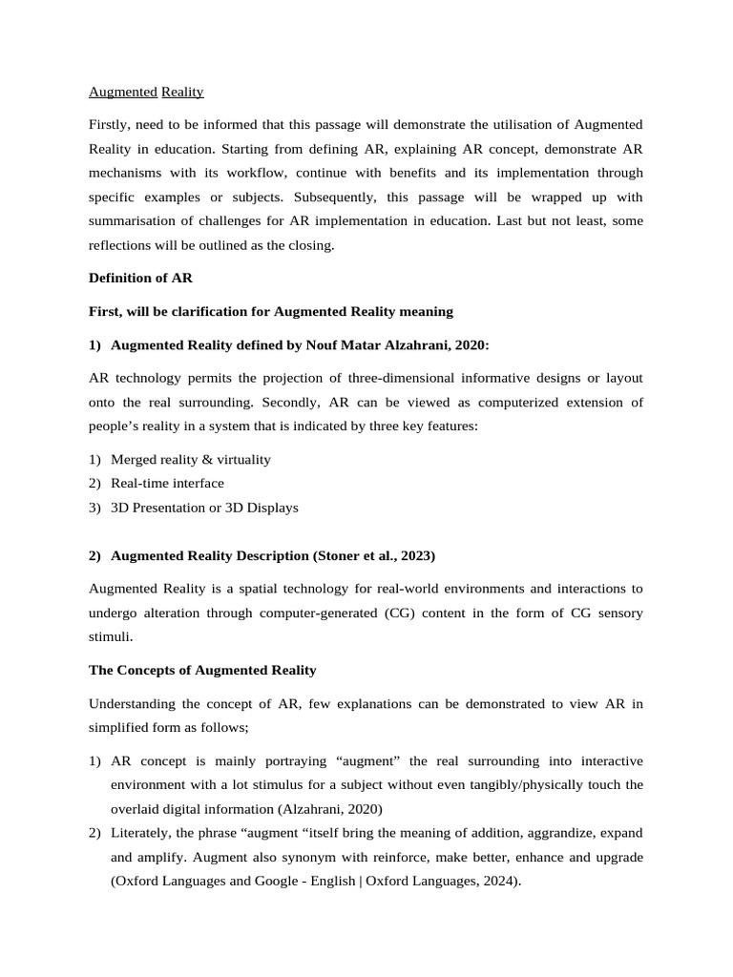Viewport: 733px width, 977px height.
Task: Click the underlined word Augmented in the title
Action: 122,93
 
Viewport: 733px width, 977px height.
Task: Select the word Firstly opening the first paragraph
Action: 111,125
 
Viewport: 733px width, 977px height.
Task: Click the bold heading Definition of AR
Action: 140,278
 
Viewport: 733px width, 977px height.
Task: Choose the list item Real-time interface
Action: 167,483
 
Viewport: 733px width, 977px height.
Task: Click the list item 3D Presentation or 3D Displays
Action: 204,508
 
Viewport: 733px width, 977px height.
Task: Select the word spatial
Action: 239,589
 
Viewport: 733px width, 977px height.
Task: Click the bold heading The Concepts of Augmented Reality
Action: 202,671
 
